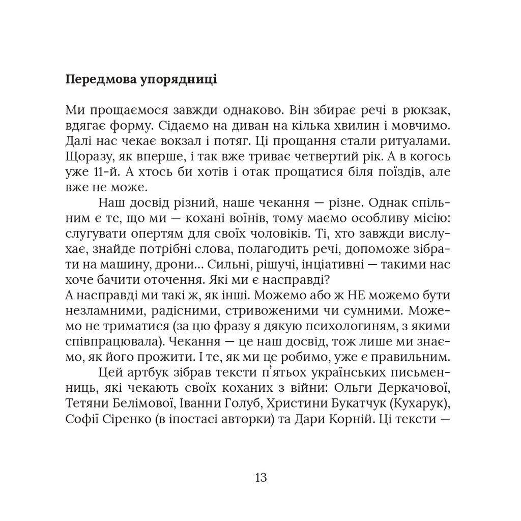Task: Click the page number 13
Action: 260,478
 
